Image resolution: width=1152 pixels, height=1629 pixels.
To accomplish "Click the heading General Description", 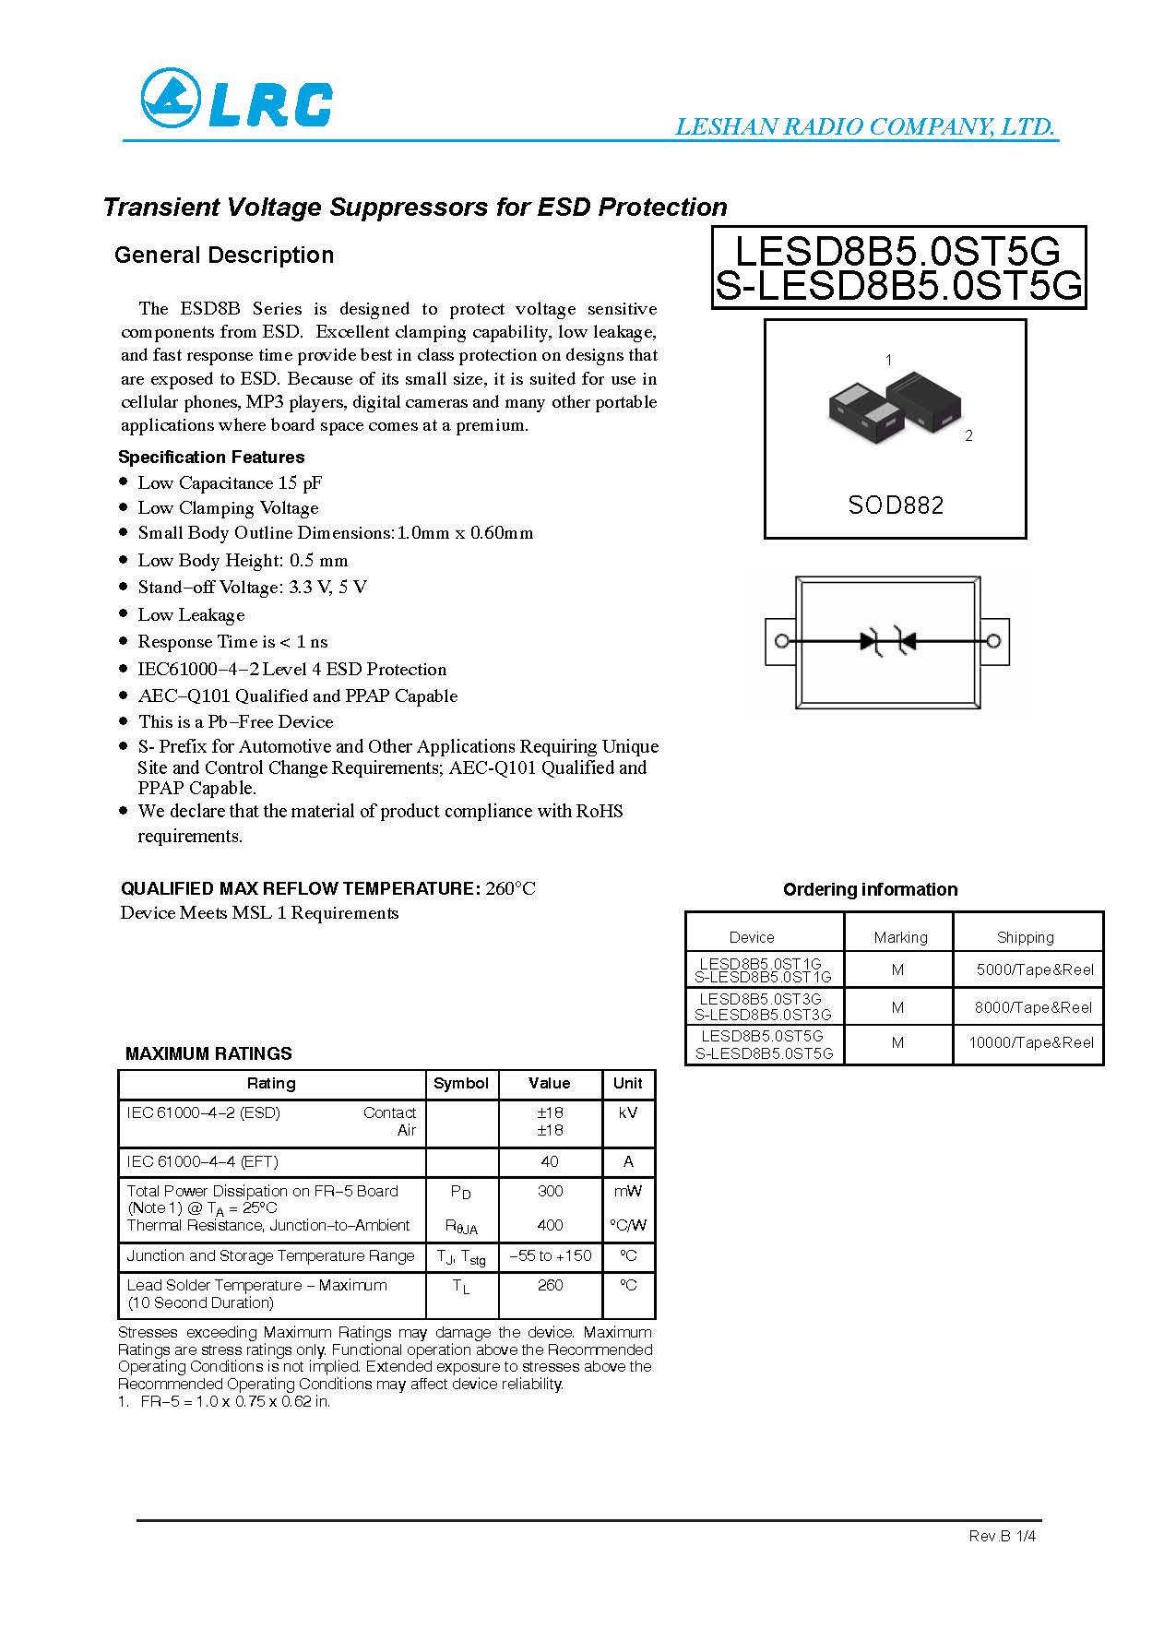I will coord(224,256).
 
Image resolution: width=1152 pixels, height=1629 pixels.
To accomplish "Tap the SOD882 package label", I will coord(896,505).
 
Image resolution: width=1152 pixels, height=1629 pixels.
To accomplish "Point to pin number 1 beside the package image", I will coord(888,360).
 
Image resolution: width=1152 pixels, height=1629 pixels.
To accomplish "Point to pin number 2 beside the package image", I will coord(968,436).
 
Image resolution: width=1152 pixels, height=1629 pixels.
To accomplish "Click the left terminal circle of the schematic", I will coord(781,641).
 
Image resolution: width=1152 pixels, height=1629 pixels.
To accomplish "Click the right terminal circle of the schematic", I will coord(993,641).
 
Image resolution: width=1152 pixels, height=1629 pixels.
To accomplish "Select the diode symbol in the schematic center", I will coord(887,641).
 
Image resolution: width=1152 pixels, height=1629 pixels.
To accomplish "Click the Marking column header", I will coord(900,937).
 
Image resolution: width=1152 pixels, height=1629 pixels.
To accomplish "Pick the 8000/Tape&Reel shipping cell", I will coord(1033,1007).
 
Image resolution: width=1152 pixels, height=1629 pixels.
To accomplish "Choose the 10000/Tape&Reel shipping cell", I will coord(1030,1042).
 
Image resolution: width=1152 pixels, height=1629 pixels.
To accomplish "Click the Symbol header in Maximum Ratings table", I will coord(461,1083).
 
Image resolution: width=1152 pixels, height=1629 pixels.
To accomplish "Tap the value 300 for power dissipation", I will coord(550,1191).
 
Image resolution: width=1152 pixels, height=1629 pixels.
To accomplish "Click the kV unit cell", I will coord(628,1112).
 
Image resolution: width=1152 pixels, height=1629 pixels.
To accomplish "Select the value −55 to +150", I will coord(550,1255).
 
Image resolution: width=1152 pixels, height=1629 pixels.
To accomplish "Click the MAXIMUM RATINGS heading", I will coord(208,1053).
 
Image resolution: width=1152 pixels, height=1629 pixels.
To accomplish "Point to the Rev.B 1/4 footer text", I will coord(1002,1536).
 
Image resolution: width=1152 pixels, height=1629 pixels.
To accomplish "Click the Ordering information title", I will coord(870,889).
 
